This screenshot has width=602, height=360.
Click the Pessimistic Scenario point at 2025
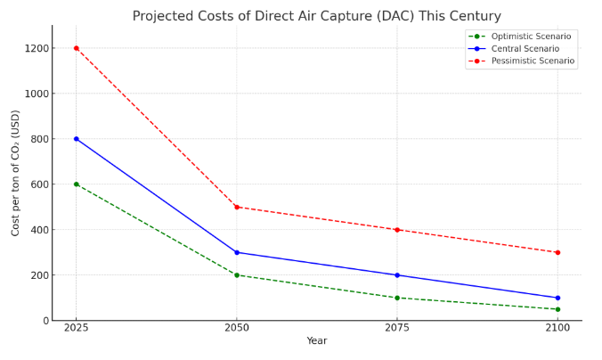pos(76,48)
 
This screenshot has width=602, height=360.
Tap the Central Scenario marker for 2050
pos(237,252)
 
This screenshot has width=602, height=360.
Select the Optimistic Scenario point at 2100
pos(557,309)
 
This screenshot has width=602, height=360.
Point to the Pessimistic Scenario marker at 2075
pos(397,230)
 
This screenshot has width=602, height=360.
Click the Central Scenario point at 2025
pos(76,139)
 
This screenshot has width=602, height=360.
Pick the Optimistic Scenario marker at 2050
pos(237,274)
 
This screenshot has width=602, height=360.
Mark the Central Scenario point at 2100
pos(557,298)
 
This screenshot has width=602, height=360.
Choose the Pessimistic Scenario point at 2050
pos(237,207)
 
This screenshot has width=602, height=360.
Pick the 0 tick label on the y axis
pos(44,321)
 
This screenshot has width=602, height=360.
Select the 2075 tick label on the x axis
pos(397,328)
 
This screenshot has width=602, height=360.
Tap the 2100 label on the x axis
pos(557,328)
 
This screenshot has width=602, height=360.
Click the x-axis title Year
pos(317,341)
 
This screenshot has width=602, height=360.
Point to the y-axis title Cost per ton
pos(16,173)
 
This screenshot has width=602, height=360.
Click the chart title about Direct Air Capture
pos(317,16)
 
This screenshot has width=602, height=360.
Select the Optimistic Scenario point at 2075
pos(397,298)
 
